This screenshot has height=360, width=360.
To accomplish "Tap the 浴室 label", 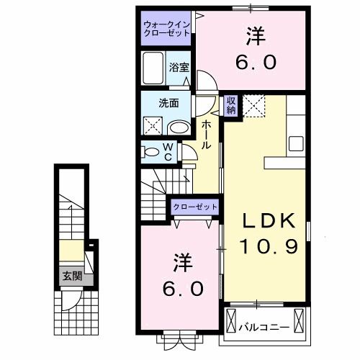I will [179, 67].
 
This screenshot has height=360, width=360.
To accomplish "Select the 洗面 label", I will [169, 103].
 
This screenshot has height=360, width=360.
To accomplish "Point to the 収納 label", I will [231, 105].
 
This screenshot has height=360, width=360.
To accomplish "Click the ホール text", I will [207, 135].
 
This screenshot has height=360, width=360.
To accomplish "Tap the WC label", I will [168, 152].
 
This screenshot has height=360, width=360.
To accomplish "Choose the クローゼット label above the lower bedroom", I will [194, 207].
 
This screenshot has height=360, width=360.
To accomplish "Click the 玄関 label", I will [71, 276].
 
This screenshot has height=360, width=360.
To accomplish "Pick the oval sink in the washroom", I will [178, 127].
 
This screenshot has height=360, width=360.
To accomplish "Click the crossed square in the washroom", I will [152, 127].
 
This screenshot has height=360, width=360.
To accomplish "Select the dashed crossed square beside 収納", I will [253, 105].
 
